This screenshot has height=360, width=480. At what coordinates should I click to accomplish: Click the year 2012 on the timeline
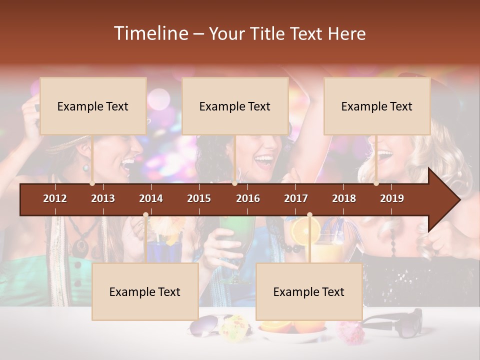coord(55,198)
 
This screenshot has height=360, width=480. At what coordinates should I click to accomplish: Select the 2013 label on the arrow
coord(103,198)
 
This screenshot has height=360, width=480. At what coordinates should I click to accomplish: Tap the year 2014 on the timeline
coord(151,198)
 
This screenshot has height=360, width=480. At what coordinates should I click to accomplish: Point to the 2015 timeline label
coord(199,198)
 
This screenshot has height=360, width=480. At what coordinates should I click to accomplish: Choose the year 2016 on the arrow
coord(248,198)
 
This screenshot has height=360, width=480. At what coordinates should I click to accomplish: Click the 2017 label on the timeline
coord(296,198)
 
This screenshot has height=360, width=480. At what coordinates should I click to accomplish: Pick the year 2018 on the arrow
coord(344,198)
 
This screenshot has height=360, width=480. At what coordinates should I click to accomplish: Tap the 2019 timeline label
coord(392,198)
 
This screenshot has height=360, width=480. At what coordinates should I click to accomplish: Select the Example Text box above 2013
coord(93,106)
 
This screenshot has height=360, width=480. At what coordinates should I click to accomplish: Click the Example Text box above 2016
coord(235,106)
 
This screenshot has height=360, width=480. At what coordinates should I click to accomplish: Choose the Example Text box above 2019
coord(377,106)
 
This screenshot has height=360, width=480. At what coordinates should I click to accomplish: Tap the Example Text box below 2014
coord(145,291)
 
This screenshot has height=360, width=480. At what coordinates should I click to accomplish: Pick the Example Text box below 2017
coord(309,291)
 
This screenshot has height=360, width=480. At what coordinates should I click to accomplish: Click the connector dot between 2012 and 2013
coord(92,183)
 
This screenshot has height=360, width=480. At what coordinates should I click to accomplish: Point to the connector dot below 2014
coord(145,215)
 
